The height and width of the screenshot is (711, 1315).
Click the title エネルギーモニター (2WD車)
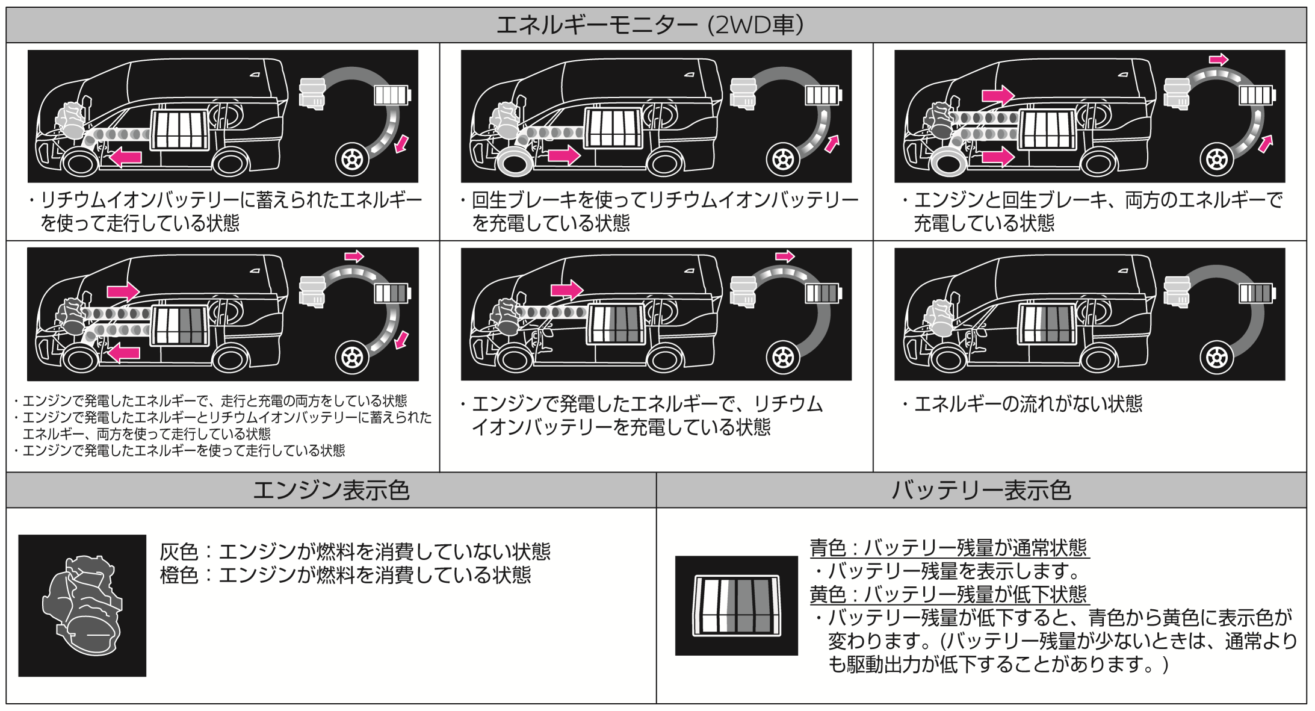click(x=649, y=25)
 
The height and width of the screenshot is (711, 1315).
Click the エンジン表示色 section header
click(x=331, y=490)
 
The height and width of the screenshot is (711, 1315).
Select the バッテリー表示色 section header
click(x=981, y=490)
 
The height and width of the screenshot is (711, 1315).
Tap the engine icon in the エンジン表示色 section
click(x=82, y=605)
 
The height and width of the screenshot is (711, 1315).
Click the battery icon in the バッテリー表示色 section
click(x=737, y=605)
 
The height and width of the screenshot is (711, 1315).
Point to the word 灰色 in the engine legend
click(x=179, y=551)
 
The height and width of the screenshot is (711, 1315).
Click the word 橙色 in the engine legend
click(x=179, y=575)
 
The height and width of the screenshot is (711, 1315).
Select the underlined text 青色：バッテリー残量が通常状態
click(x=948, y=548)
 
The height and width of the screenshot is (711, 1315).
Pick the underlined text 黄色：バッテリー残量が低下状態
click(x=948, y=594)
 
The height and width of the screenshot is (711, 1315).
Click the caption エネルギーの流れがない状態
click(x=1028, y=403)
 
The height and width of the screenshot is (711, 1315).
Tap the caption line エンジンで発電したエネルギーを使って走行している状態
click(x=184, y=450)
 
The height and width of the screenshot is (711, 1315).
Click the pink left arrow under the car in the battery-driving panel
click(x=126, y=158)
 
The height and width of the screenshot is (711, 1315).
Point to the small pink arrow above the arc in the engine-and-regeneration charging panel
click(x=1219, y=59)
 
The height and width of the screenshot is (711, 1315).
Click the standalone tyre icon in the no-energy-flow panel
click(x=1216, y=357)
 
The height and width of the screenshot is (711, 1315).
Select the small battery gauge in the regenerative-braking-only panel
click(x=823, y=95)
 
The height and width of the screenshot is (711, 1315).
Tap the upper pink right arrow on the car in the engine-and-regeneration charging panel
click(x=998, y=95)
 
